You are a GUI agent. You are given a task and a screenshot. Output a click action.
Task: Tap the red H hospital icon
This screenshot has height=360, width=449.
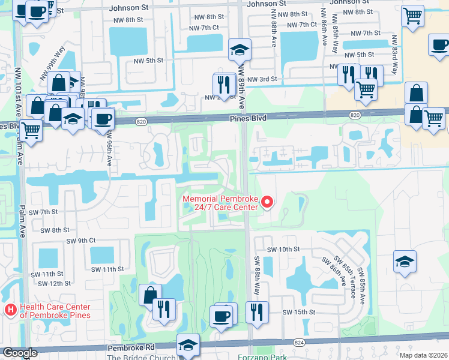[x=10, y=310]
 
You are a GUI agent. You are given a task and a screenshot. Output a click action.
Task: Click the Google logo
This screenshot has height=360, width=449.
[x=20, y=353]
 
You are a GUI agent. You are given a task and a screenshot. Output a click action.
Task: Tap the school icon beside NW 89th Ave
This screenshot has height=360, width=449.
[x=240, y=50]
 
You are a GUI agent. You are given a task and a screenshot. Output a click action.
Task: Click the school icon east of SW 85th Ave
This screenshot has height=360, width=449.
[x=405, y=262]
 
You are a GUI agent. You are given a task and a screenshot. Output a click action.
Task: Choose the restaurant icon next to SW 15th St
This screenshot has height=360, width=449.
[x=257, y=313]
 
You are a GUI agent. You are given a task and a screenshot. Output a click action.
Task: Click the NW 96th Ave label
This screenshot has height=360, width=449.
[x=109, y=148]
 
